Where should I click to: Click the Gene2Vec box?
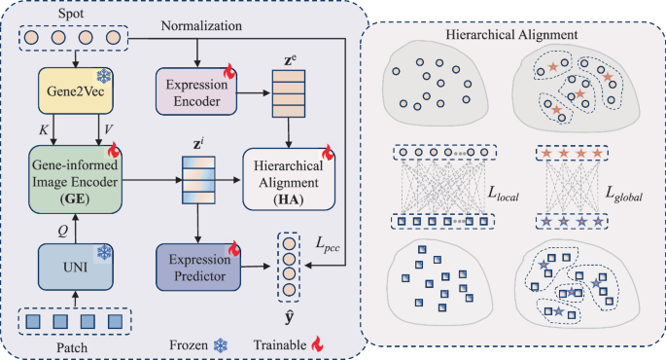pyautogui.click(x=75, y=91)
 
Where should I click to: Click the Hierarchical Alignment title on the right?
pyautogui.click(x=514, y=35)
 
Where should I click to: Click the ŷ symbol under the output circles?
pyautogui.click(x=288, y=317)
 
